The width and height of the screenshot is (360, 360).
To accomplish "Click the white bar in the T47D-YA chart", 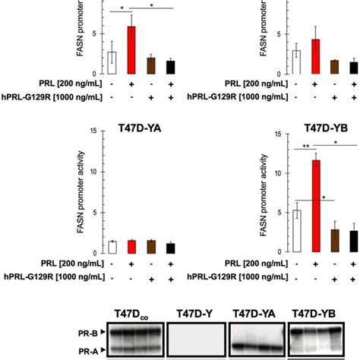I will (x=112, y=245).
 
